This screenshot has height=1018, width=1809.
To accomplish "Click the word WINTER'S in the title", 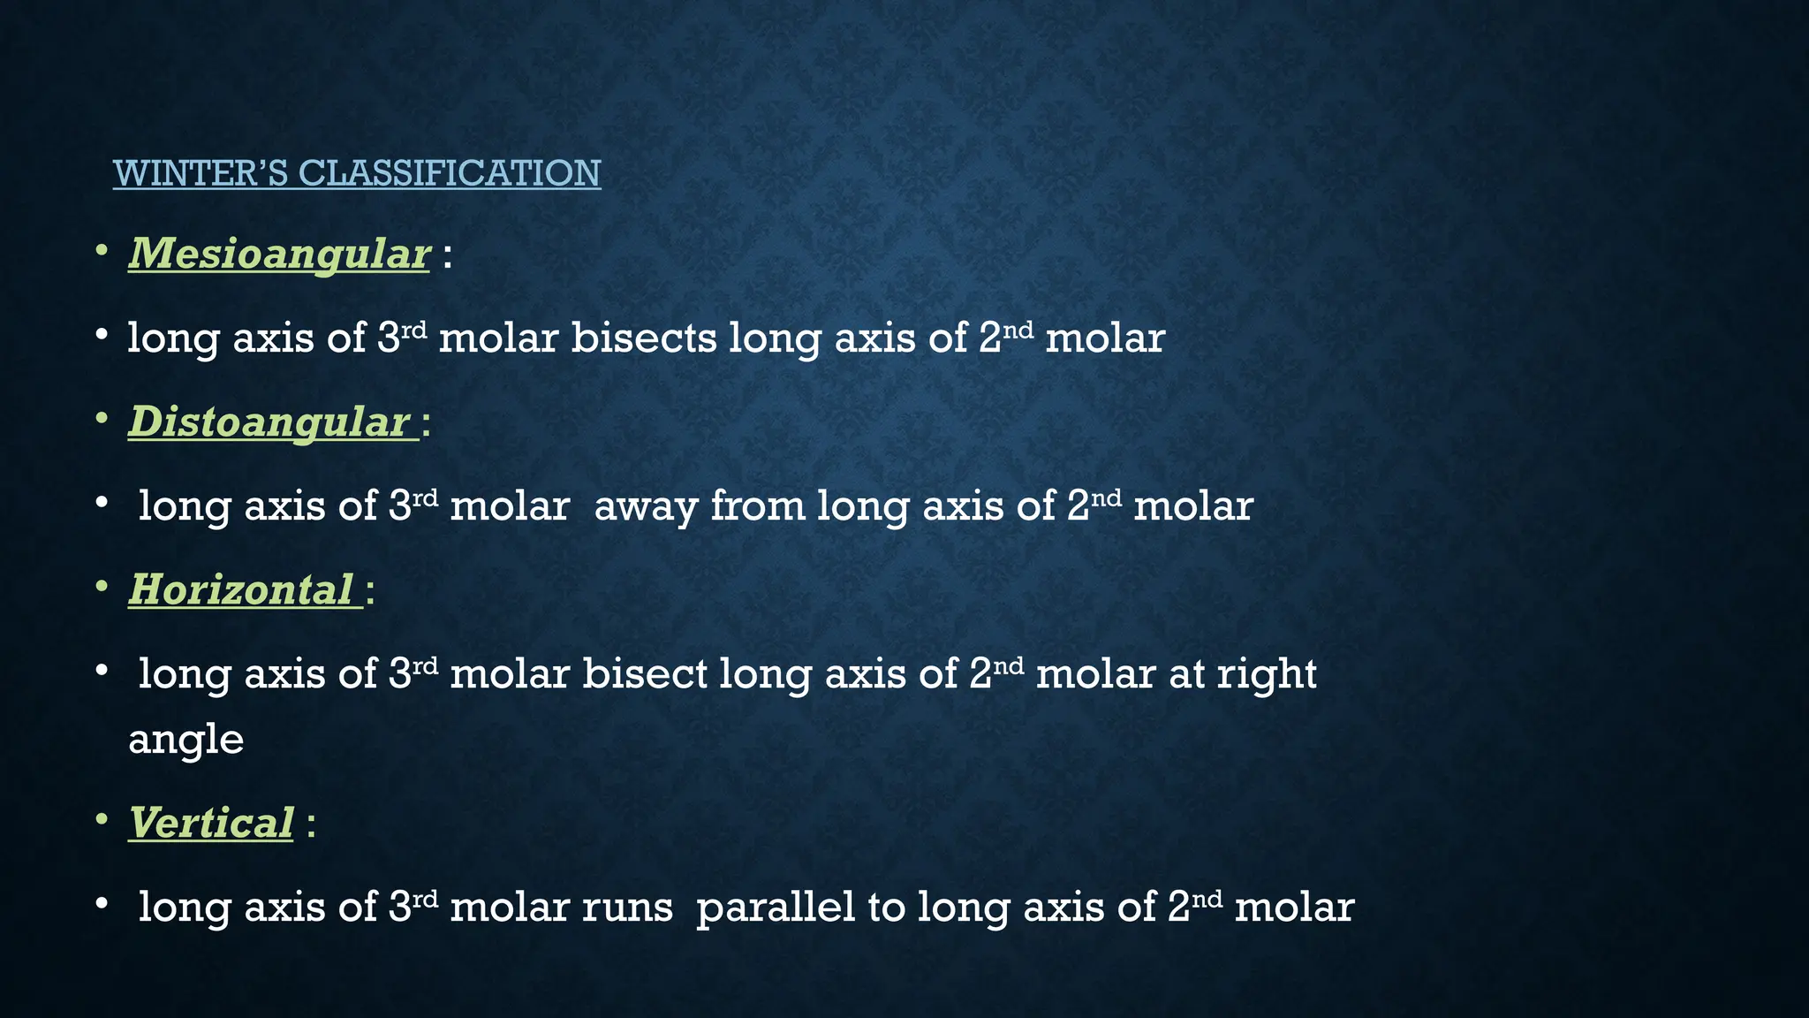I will (x=201, y=173).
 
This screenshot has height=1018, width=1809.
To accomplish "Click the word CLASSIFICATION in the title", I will (x=450, y=173).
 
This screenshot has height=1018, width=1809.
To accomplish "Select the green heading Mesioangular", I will (x=279, y=254).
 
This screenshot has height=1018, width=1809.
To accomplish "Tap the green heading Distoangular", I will (x=269, y=422).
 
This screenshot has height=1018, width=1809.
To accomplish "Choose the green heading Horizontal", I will (x=240, y=590).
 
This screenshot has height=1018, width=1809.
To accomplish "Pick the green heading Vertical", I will (x=210, y=824).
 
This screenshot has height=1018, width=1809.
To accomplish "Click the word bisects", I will (x=643, y=338).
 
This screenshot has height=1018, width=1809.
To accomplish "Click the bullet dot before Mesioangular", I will (x=102, y=253).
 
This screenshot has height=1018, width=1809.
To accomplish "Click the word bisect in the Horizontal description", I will (x=645, y=674).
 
